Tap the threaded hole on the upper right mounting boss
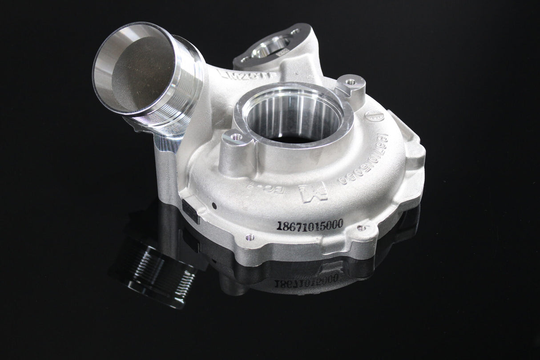[351, 82]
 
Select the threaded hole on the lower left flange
[250, 237]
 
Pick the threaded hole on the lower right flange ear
[361, 228]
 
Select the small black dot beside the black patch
[214, 206]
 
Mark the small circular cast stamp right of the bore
[375, 117]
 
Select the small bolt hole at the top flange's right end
[295, 32]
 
